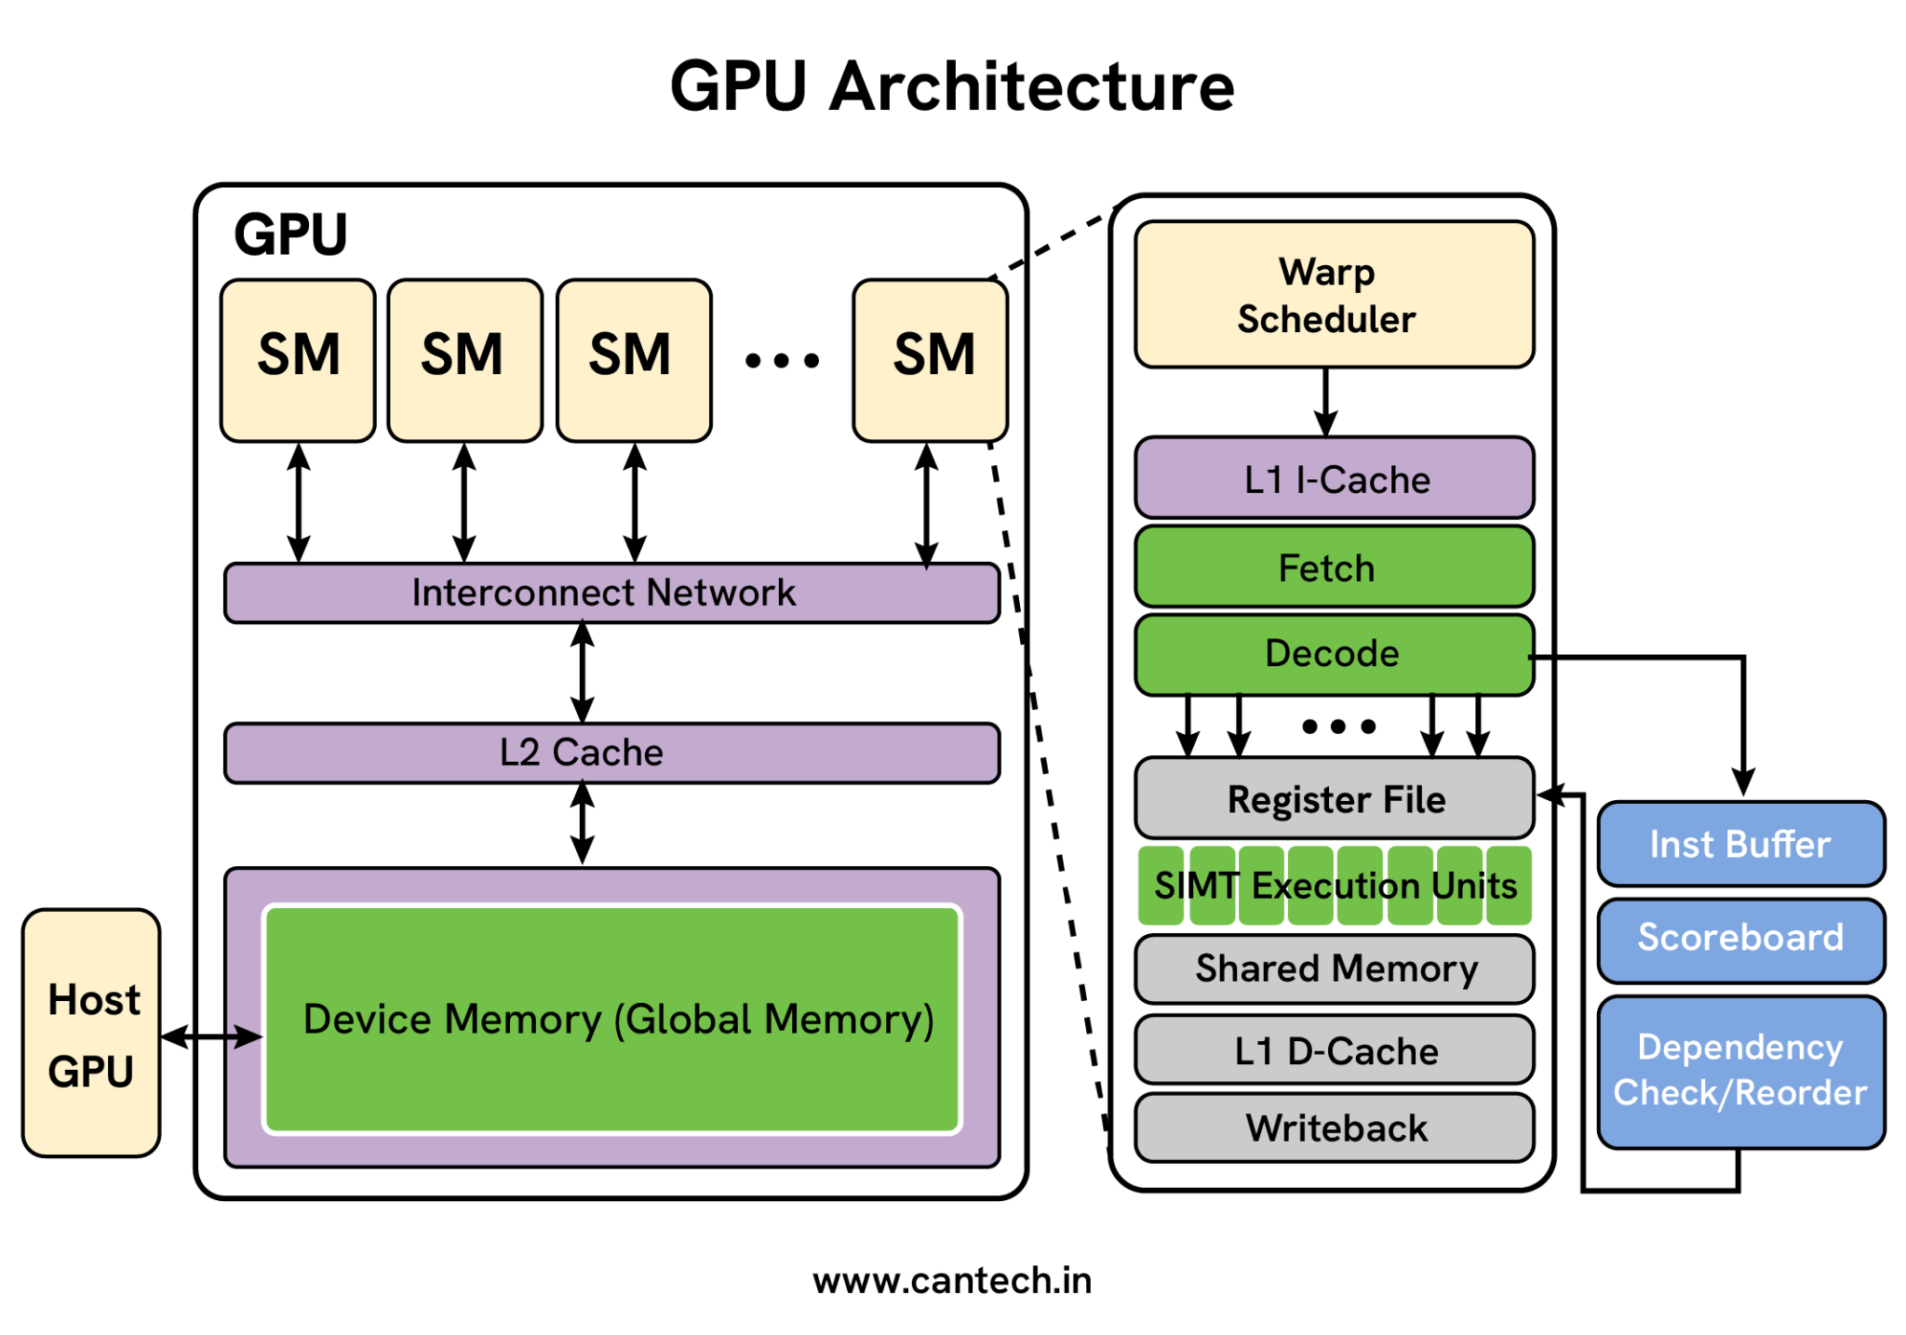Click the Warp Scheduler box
pyautogui.click(x=1333, y=294)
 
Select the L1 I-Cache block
pyautogui.click(x=1333, y=478)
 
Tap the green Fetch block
pyautogui.click(x=1333, y=567)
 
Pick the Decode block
pyautogui.click(x=1333, y=653)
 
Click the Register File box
pyautogui.click(x=1333, y=798)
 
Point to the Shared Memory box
pyautogui.click(x=1333, y=968)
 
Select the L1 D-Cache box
pyautogui.click(x=1333, y=1049)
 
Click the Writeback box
pyautogui.click(x=1333, y=1128)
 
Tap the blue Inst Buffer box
pyautogui.click(x=1739, y=844)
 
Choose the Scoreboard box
pyautogui.click(x=1739, y=938)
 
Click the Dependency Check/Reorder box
pyautogui.click(x=1739, y=1070)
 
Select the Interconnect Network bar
pyautogui.click(x=611, y=593)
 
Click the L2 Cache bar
pyautogui.click(x=611, y=753)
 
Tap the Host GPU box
pyautogui.click(x=91, y=1033)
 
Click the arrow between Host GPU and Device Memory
pyautogui.click(x=211, y=1035)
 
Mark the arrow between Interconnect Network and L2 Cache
pyautogui.click(x=583, y=673)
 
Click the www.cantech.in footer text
pyautogui.click(x=952, y=1281)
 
